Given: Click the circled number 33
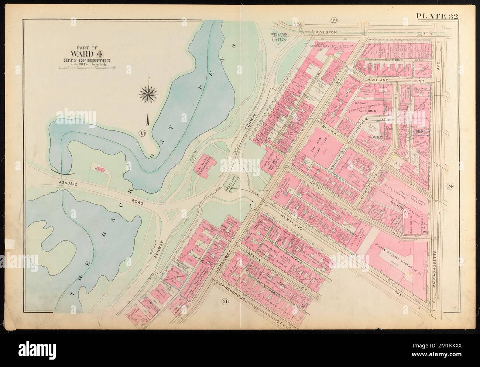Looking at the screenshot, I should pos(142,133).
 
